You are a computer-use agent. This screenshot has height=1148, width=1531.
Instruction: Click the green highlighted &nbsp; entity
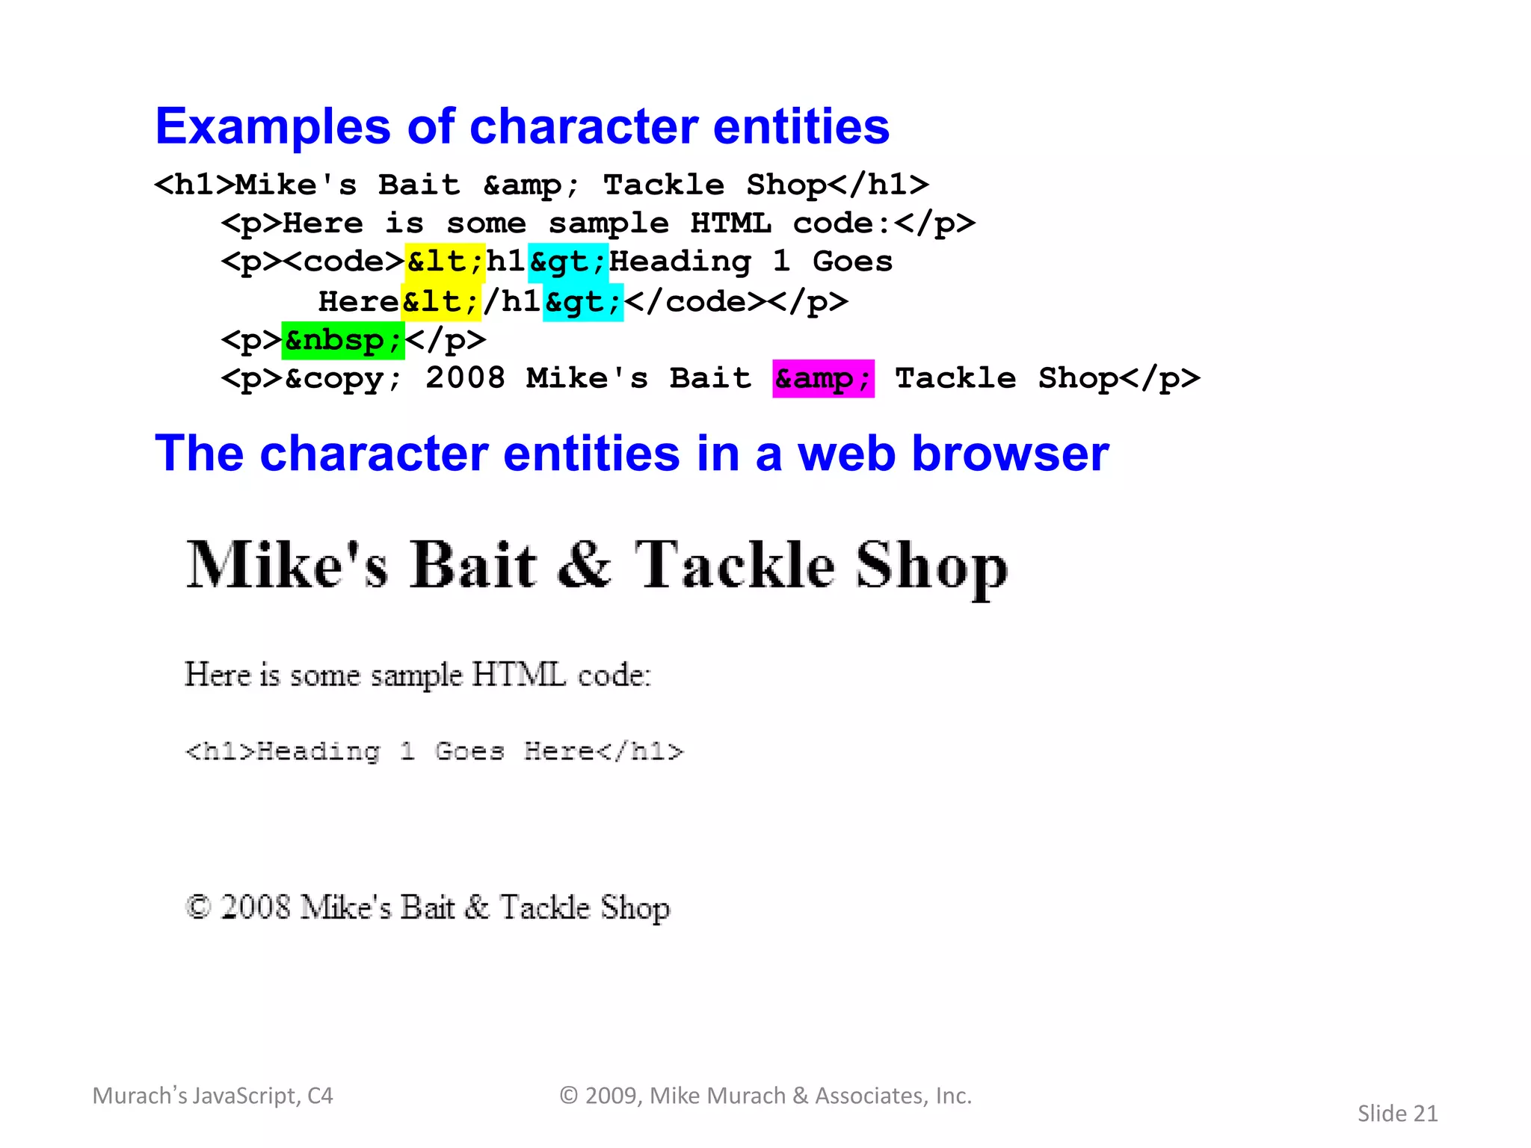tap(343, 341)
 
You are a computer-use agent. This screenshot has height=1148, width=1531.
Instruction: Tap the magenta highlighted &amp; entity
tap(823, 378)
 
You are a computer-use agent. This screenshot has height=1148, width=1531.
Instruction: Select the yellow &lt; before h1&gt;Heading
tap(445, 262)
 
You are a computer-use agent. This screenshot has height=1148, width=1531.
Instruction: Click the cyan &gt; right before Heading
tap(568, 262)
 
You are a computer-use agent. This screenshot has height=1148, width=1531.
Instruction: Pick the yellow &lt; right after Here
tap(440, 302)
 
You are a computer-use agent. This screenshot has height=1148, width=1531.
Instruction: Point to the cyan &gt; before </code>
tap(583, 302)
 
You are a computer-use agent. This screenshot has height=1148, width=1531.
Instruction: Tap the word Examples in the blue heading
tap(273, 126)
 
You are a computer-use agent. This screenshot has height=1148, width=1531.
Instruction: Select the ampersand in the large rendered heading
tap(585, 565)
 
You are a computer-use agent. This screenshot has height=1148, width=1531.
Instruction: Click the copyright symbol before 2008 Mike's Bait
tap(197, 907)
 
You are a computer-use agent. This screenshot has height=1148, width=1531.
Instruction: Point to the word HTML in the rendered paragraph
tap(518, 675)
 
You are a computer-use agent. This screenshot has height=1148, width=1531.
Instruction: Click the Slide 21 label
tap(1397, 1113)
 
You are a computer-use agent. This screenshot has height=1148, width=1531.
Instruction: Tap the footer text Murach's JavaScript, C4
tap(212, 1096)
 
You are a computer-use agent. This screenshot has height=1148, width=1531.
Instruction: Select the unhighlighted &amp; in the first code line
tap(531, 185)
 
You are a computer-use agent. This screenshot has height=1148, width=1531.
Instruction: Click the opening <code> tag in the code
tap(345, 262)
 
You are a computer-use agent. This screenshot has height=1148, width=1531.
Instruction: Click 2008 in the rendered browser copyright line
tap(255, 907)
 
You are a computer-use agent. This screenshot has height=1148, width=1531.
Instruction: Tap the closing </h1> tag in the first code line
tap(879, 185)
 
